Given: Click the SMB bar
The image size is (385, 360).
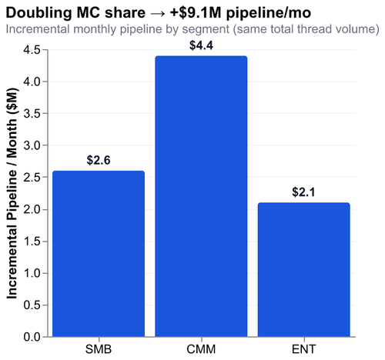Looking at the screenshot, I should click(x=99, y=254).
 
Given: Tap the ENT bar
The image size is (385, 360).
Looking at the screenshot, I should click(x=303, y=269).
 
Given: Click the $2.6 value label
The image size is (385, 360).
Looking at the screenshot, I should click(x=99, y=161).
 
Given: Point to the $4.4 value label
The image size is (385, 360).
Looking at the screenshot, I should click(x=201, y=45).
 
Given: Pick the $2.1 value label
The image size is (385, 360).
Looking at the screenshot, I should click(x=303, y=192).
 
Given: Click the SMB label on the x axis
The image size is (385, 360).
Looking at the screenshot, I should click(x=99, y=349).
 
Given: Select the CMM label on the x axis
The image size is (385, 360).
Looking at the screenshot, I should click(x=201, y=349).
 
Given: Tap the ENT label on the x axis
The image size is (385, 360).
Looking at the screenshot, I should click(x=303, y=349).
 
